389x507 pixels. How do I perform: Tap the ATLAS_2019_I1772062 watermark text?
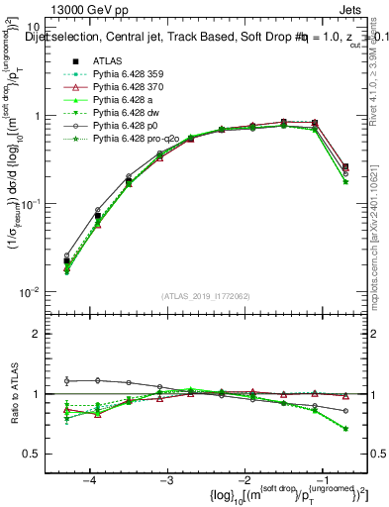(206, 296)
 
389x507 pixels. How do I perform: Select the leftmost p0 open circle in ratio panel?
(66, 380)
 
